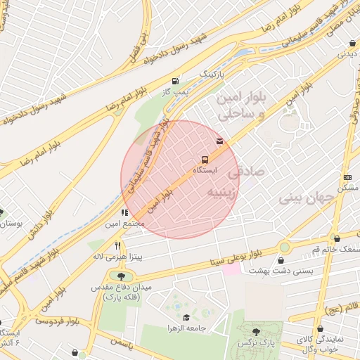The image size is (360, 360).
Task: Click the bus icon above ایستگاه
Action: (204, 159)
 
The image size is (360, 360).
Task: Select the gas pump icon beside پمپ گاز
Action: (174, 81)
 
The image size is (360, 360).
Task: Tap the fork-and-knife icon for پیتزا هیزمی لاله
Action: (118, 246)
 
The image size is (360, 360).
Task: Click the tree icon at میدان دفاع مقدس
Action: (121, 276)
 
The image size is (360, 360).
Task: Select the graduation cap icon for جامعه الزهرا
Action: (186, 317)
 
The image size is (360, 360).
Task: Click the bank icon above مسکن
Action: (347, 177)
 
